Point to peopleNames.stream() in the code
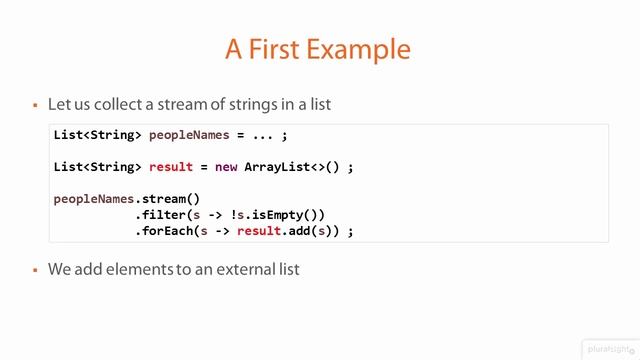[127, 199]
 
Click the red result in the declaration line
[170, 166]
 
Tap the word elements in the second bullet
[130, 269]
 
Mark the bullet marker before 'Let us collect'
[35, 104]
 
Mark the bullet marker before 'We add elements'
[35, 270]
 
